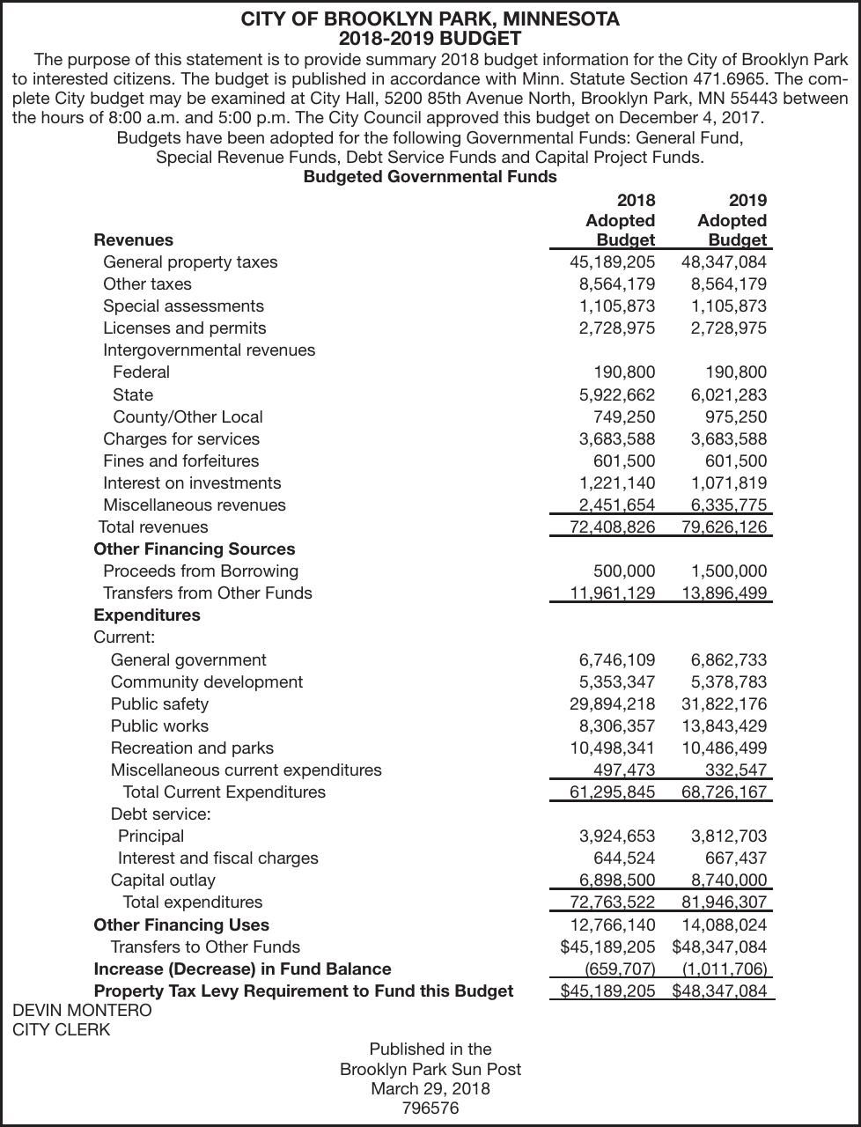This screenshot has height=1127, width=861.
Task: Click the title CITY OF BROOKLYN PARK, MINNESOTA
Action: pyautogui.click(x=430, y=18)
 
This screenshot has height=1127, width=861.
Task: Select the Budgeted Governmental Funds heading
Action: pyautogui.click(x=430, y=176)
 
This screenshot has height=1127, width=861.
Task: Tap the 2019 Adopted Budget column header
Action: pyautogui.click(x=732, y=220)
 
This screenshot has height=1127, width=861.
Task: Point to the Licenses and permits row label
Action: pyautogui.click(x=184, y=328)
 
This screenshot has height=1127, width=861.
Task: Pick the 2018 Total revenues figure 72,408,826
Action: pyautogui.click(x=613, y=527)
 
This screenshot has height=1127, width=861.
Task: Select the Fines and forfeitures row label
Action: pyautogui.click(x=180, y=460)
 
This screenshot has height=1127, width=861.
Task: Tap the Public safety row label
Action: pyautogui.click(x=159, y=703)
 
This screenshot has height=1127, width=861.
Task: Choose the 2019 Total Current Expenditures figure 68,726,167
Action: pyautogui.click(x=724, y=792)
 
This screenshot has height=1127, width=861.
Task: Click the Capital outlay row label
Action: pyautogui.click(x=163, y=880)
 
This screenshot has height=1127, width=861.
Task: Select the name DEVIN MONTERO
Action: pyautogui.click(x=82, y=1010)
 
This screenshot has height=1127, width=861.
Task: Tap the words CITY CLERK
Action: pyautogui.click(x=62, y=1029)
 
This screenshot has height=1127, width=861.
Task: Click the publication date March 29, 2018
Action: pyautogui.click(x=430, y=1088)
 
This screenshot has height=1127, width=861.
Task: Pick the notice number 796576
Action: pyautogui.click(x=430, y=1108)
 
